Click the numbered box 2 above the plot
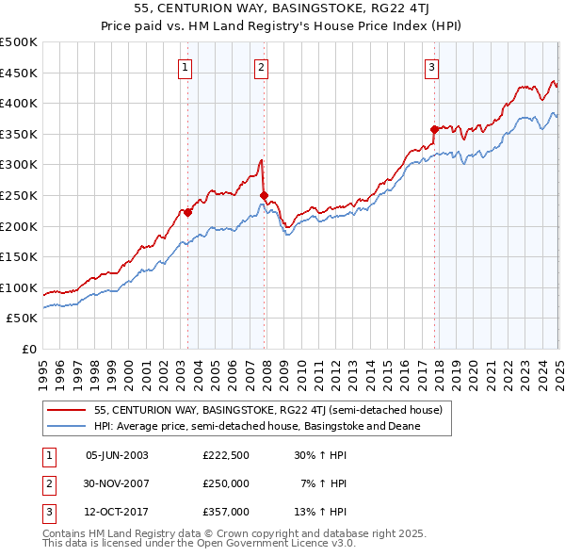(x=261, y=67)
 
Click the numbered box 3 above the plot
(x=431, y=67)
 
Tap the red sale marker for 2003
(x=188, y=212)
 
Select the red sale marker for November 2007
(x=265, y=195)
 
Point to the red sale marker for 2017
(x=434, y=129)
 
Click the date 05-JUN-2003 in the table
(x=117, y=455)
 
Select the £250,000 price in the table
(x=226, y=483)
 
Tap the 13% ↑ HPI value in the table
(x=321, y=512)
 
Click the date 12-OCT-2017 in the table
(x=117, y=512)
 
